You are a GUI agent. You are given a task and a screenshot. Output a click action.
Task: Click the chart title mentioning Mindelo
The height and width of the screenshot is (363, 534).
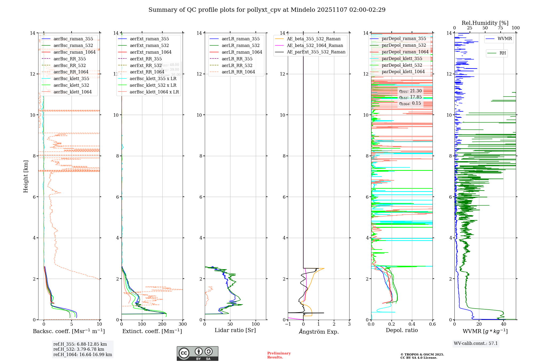coord(267,10)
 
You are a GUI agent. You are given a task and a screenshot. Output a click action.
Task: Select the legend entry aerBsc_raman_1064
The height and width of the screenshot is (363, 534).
coord(74,52)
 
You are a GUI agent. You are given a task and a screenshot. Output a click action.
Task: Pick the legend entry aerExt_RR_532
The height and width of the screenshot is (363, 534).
coord(146,65)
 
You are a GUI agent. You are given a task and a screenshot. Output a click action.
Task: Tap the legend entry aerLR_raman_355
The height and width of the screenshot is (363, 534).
coord(240,39)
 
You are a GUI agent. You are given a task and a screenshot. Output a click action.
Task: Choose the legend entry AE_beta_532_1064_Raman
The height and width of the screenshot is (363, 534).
coord(315,45)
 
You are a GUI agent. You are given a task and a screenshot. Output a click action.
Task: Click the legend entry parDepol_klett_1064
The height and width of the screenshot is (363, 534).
coord(403,72)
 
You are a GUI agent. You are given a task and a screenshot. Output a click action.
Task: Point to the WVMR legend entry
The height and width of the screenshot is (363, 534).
coord(504,39)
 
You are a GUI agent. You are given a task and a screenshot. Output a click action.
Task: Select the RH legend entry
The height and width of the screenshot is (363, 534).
coord(502,53)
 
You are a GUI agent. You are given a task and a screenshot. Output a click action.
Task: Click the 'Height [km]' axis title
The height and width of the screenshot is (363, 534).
coord(26,176)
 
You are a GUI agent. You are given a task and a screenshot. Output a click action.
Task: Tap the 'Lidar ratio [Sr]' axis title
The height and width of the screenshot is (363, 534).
coord(235,330)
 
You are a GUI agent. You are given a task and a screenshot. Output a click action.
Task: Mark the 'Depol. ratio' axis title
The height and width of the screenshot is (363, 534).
coord(402,330)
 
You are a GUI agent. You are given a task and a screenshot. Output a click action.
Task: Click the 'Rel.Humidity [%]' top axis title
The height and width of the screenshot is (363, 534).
coord(485,23)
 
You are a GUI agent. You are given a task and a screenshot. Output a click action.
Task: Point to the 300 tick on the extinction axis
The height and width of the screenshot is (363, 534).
coord(183,324)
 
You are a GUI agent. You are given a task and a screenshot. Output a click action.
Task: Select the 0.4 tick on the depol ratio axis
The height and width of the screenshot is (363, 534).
coord(412,324)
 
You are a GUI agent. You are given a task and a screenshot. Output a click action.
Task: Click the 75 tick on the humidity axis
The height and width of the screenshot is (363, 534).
coord(500,28)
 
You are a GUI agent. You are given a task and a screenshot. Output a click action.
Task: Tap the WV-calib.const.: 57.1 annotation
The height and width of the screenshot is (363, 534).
coord(476,343)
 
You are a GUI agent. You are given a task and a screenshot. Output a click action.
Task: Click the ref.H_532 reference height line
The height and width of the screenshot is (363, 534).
coord(78,349)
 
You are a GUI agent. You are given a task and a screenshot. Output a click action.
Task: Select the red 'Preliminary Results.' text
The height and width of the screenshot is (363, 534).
coord(279,355)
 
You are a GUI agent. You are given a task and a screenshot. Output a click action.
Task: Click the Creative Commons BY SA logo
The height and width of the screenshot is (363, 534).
coord(197,354)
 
